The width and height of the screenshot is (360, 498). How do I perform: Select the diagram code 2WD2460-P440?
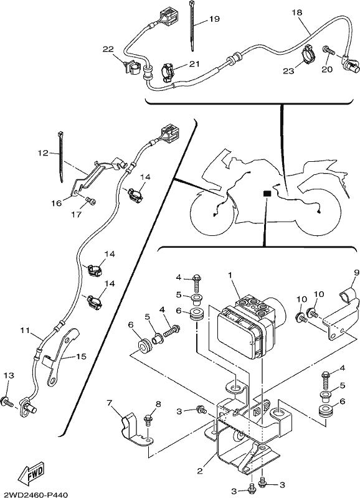(x=34, y=494)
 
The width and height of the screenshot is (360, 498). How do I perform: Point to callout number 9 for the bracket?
(x=356, y=272)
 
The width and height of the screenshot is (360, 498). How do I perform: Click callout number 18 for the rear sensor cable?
(x=296, y=12)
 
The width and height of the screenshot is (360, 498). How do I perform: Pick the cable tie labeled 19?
(x=192, y=26)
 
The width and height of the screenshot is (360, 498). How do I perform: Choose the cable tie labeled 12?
(x=60, y=157)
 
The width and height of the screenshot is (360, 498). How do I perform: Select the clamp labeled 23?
(x=308, y=52)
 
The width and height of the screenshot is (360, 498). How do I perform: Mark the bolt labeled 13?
(x=7, y=401)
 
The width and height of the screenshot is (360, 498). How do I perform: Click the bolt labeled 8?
(x=148, y=420)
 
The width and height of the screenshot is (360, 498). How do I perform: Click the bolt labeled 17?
(x=91, y=201)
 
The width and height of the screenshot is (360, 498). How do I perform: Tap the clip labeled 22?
(x=130, y=68)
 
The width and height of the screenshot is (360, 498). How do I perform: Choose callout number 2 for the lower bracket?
(x=199, y=471)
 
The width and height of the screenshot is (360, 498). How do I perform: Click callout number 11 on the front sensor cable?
(x=25, y=331)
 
